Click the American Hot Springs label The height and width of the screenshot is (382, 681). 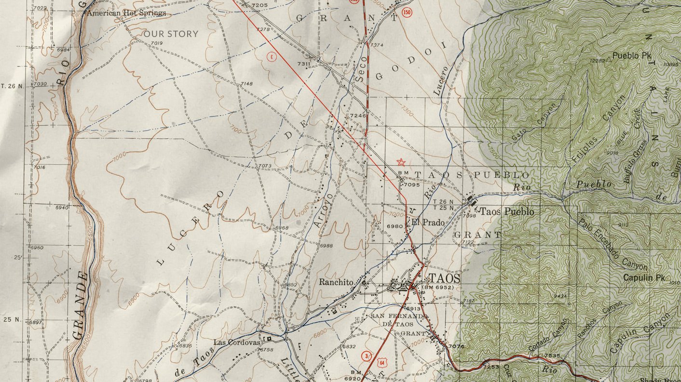click(x=126, y=13)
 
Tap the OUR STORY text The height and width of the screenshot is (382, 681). click(x=171, y=34)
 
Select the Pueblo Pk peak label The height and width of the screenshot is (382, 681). click(x=632, y=56)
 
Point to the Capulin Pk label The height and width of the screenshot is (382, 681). click(x=644, y=278)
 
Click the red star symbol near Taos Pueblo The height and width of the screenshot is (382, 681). click(x=400, y=163)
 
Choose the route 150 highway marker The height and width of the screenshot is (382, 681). click(x=408, y=13)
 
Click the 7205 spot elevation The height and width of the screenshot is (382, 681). click(x=259, y=5)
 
